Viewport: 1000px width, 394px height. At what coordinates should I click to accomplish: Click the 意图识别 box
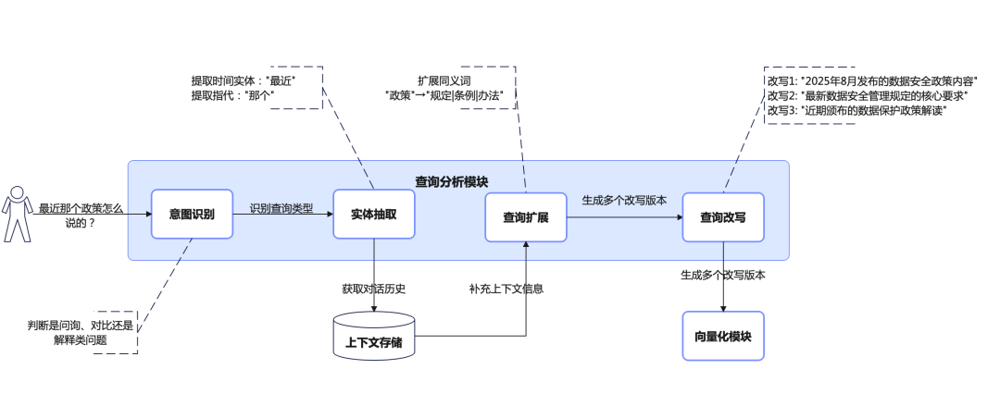(191, 215)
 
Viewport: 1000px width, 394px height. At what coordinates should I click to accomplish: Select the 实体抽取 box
(373, 215)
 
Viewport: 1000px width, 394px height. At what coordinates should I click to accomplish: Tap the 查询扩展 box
(525, 217)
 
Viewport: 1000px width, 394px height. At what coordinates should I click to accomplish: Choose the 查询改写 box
(723, 217)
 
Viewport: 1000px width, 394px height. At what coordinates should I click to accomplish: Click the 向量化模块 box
(723, 336)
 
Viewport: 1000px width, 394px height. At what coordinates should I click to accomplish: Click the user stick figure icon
(16, 214)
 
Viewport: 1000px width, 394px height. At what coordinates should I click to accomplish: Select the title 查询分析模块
(451, 182)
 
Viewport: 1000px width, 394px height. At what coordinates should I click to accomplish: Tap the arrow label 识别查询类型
(281, 207)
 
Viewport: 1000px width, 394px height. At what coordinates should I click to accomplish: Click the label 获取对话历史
(374, 289)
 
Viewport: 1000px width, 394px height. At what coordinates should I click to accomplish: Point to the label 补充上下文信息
(506, 289)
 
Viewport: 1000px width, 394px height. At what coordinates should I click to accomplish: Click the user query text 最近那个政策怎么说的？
(81, 215)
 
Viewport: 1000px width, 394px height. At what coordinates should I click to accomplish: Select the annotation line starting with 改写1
(872, 81)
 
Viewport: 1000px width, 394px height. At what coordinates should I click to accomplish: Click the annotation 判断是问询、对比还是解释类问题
(81, 332)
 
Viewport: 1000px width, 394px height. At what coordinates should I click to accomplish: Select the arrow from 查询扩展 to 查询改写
(623, 217)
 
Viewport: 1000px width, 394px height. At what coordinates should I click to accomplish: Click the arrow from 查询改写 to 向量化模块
(723, 277)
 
